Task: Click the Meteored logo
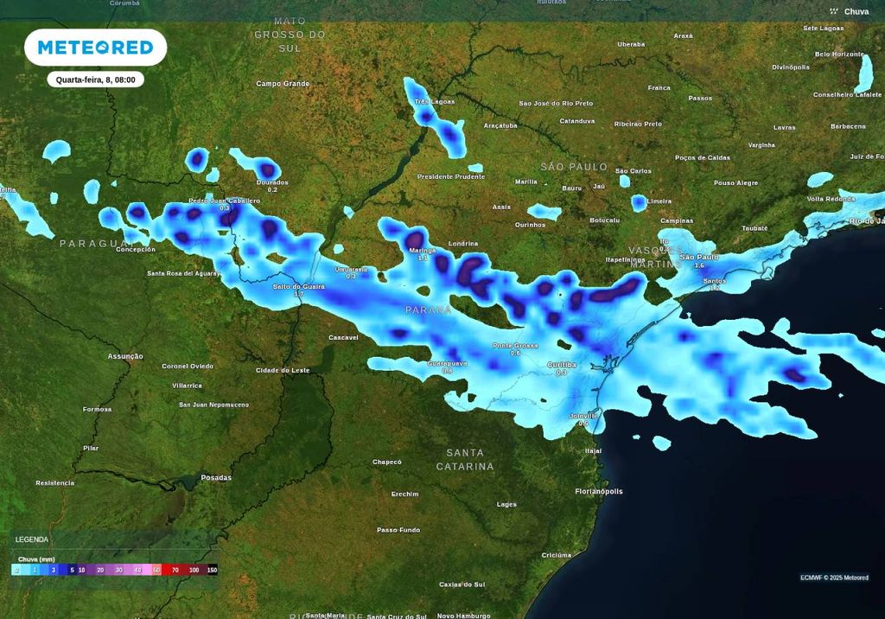coord(95,47)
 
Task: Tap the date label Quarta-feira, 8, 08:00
coord(95,80)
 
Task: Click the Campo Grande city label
coord(283,84)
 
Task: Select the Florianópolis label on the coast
coord(599,491)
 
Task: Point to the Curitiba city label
coord(561,365)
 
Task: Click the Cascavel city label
coord(343,337)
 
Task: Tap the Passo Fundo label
coord(398,530)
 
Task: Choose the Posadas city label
coord(216,477)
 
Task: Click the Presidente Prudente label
coord(451,176)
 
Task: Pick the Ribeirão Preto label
coord(638,124)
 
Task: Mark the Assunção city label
coord(125,356)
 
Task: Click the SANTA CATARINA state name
coord(465,459)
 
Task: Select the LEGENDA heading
coord(32,539)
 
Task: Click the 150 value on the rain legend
coord(212,571)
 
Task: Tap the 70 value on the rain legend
coord(175,571)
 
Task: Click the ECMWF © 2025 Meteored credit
coord(834,578)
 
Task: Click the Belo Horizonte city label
coord(839,54)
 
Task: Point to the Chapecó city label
coord(387,462)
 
